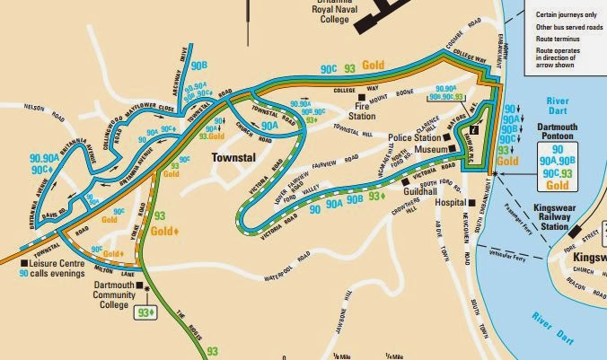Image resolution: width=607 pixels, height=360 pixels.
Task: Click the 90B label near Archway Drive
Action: (198, 65)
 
